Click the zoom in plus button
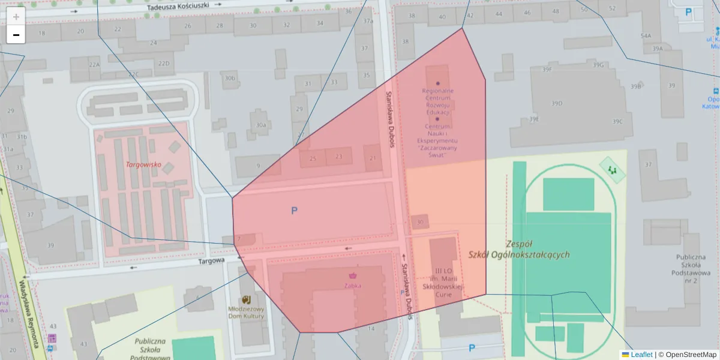16,17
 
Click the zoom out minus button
16,35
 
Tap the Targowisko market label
143,164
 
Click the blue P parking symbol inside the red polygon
294,211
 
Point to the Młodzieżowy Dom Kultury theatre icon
246,299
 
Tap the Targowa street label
211,260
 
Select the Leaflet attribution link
641,355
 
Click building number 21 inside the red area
373,158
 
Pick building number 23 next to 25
339,157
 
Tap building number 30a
260,125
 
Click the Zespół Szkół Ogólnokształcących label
520,249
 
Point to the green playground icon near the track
613,171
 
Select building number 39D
557,103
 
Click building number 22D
163,63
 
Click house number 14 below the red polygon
371,328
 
